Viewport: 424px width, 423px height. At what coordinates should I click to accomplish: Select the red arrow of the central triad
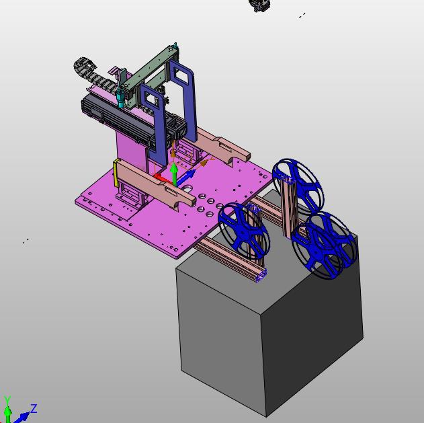coord(162,179)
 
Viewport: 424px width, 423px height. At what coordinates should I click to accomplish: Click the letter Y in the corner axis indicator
coord(7,399)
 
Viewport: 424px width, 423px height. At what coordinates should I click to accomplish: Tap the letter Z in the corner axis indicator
coord(34,408)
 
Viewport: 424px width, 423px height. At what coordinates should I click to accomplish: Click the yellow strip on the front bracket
coord(116,174)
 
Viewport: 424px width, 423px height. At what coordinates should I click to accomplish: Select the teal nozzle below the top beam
coord(120,99)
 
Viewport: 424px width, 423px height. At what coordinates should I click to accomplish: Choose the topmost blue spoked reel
coord(298,184)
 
